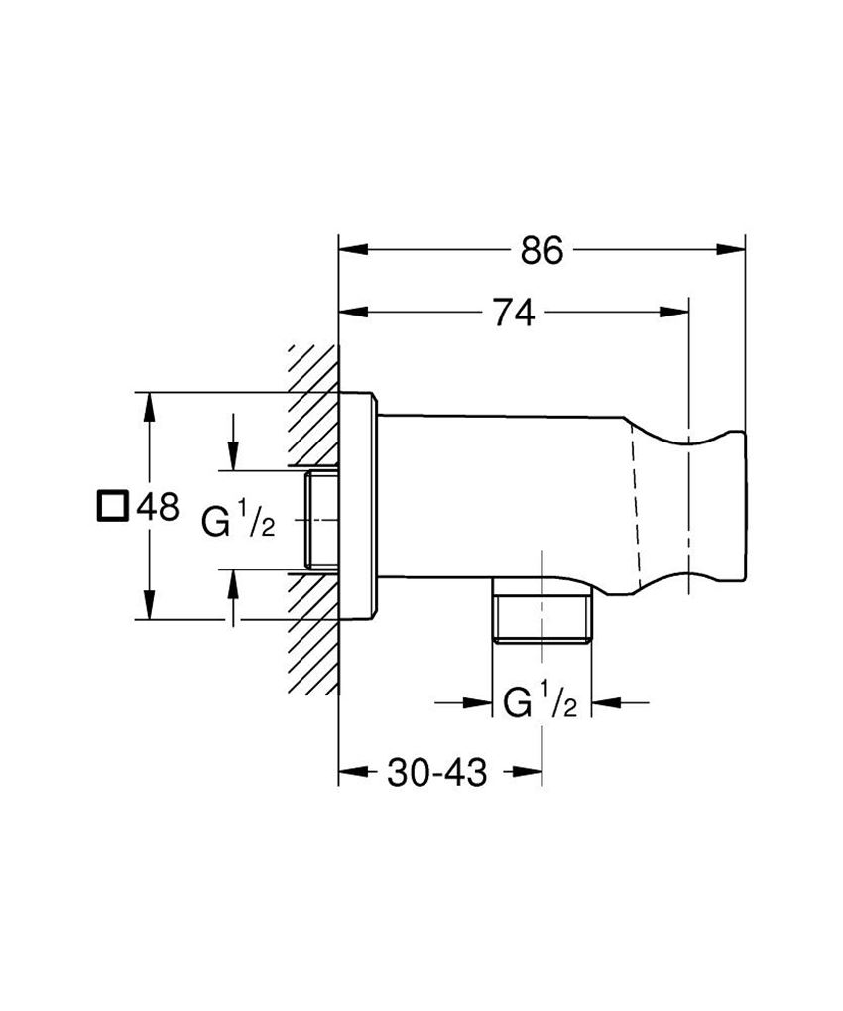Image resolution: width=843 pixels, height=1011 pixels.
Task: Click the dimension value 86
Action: [542, 252]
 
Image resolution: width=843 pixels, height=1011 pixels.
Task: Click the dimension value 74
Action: [515, 314]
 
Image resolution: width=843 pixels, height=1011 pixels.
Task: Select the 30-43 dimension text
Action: [438, 773]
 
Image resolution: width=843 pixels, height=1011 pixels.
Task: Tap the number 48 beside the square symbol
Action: [157, 507]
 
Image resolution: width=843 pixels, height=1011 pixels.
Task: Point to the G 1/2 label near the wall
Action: [238, 522]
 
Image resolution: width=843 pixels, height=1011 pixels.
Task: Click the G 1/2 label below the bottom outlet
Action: [540, 703]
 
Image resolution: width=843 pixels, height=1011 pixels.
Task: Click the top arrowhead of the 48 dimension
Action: [149, 405]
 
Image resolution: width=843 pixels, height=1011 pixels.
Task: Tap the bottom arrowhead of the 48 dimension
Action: [149, 607]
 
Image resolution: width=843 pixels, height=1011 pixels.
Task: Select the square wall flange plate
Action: [358, 506]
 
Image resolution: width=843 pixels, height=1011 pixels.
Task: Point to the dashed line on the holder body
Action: [636, 506]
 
